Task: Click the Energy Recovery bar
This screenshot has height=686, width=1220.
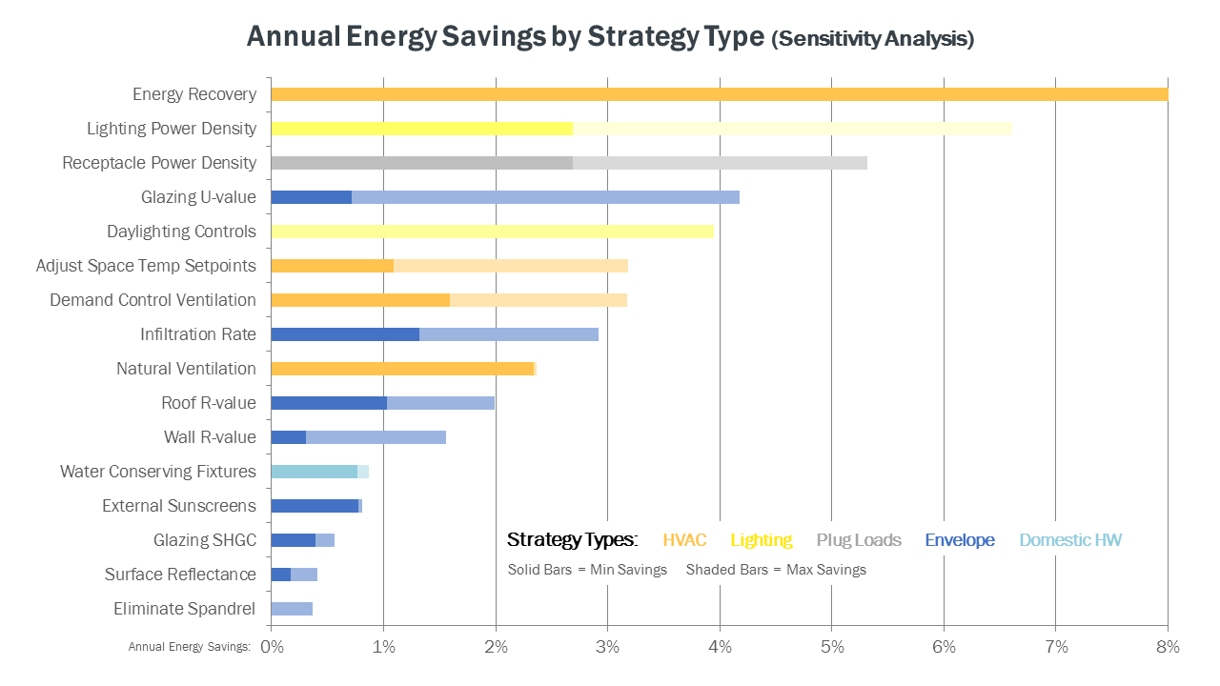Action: [719, 94]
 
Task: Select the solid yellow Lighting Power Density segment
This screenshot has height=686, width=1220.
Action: [421, 129]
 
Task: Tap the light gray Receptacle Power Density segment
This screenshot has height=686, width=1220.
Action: [720, 163]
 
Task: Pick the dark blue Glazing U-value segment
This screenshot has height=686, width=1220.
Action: [311, 197]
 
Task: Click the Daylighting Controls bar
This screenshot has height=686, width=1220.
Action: [492, 232]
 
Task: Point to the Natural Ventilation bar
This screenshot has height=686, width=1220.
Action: [402, 369]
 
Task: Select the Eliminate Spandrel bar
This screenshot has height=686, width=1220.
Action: [292, 609]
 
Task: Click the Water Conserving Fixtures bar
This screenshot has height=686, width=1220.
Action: [315, 472]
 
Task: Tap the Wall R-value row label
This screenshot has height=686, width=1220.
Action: [210, 437]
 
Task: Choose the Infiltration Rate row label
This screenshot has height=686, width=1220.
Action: [198, 334]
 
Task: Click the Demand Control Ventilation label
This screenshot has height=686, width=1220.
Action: [152, 300]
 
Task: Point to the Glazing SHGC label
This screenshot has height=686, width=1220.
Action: [205, 540]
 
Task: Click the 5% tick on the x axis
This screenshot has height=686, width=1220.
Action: [831, 647]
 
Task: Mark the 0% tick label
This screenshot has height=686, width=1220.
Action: [272, 647]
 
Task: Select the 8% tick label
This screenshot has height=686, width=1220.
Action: [1168, 647]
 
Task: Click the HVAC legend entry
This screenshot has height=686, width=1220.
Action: [684, 540]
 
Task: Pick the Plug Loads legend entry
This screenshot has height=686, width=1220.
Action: [858, 540]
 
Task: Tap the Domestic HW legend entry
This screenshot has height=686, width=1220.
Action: [1070, 540]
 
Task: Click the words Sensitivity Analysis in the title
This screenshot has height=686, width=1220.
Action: [873, 39]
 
